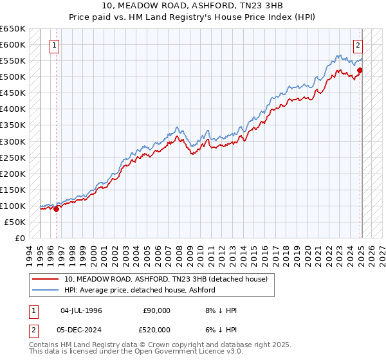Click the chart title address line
click(193, 6)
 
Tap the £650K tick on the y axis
click(13, 29)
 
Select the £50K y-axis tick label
click(15, 222)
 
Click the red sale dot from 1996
click(56, 209)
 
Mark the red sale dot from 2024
click(360, 70)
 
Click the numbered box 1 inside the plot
click(55, 46)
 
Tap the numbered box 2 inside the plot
click(358, 46)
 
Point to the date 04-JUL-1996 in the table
click(81, 310)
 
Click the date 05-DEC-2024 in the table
click(82, 330)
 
